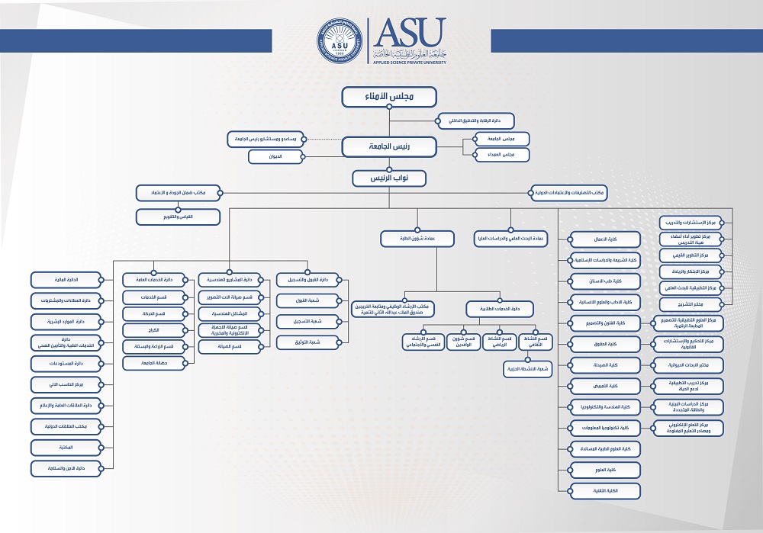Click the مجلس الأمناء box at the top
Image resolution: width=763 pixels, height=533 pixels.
pos(388,97)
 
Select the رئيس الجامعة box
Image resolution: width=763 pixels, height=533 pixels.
pos(388,146)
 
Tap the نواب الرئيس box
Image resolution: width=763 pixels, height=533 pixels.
pos(388,178)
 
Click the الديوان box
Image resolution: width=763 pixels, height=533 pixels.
pos(275,156)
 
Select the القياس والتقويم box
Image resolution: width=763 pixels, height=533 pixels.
pos(178,217)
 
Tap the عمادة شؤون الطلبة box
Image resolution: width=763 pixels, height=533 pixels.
pos(413,239)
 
